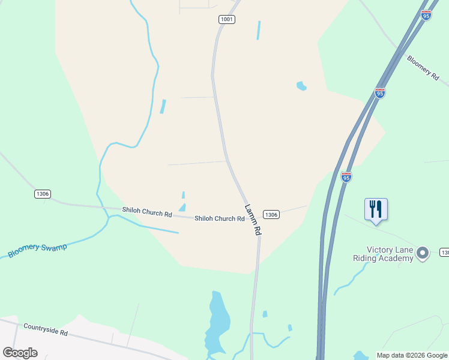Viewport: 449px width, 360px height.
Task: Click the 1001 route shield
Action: [226, 20]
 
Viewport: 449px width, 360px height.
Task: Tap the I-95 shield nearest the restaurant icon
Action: [346, 176]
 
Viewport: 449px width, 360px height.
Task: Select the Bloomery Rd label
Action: [423, 67]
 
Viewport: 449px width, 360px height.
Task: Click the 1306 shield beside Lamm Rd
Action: [271, 214]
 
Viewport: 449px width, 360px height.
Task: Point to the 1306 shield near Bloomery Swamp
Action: [42, 194]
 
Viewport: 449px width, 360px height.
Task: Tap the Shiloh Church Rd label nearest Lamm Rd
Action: [219, 218]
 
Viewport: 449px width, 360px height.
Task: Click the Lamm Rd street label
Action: [253, 220]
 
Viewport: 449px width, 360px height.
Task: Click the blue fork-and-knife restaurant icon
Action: [376, 209]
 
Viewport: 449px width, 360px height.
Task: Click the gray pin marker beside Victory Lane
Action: [423, 253]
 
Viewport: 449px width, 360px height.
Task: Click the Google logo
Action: [20, 353]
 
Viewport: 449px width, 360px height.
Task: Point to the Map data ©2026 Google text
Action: [412, 355]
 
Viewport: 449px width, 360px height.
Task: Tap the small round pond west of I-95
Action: [301, 86]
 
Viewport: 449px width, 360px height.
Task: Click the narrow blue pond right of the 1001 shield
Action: [259, 30]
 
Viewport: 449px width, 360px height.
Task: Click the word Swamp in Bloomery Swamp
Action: [53, 247]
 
